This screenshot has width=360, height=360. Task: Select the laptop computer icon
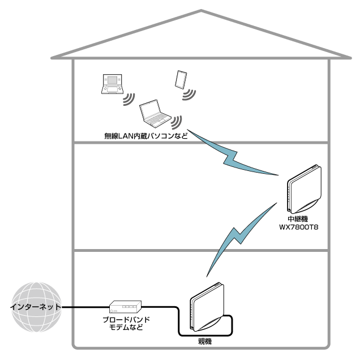pos(154,113)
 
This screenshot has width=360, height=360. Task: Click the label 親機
pos(204,341)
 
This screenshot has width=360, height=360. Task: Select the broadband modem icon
pos(125,307)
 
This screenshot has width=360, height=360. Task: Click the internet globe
pos(35,308)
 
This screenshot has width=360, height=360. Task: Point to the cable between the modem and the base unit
pos(164,308)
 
